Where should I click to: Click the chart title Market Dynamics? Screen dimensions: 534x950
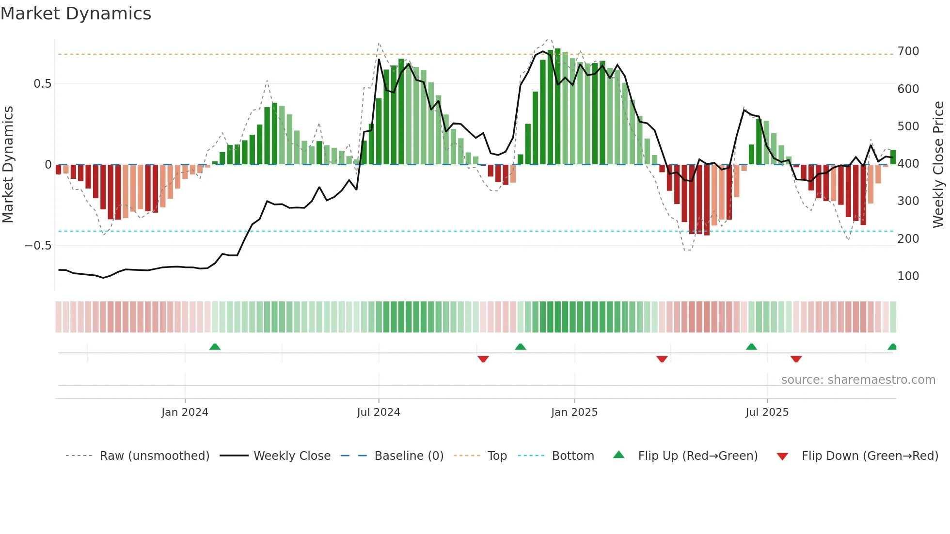[x=76, y=14]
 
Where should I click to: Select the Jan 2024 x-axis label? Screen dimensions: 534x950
[x=185, y=412]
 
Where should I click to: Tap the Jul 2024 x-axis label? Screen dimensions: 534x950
[x=379, y=412]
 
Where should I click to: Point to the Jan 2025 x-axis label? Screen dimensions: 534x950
[x=574, y=412]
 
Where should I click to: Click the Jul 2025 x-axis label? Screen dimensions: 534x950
[x=767, y=412]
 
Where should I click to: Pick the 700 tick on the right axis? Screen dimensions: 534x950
[x=908, y=51]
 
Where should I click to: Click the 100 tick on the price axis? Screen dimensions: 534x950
[x=908, y=276]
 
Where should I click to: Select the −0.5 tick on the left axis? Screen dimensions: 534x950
[x=38, y=246]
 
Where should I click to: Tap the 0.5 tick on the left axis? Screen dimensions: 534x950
[x=42, y=84]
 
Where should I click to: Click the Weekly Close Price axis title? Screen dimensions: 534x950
[x=939, y=165]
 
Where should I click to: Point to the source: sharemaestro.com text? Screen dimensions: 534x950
[x=858, y=380]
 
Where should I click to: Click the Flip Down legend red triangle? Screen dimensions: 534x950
[x=782, y=456]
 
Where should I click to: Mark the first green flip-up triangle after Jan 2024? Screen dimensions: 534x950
[x=215, y=346]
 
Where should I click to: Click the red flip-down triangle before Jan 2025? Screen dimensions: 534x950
[x=483, y=359]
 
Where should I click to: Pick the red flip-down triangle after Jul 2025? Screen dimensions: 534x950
[x=796, y=359]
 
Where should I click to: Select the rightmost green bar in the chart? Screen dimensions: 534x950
[x=893, y=157]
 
